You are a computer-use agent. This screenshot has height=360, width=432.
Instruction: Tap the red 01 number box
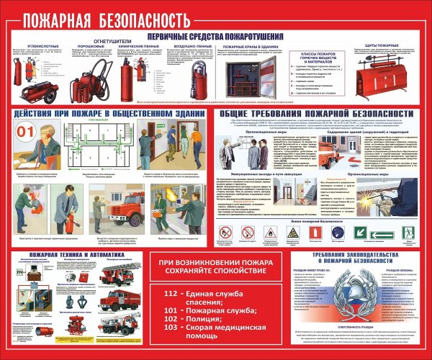(x=25, y=131)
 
